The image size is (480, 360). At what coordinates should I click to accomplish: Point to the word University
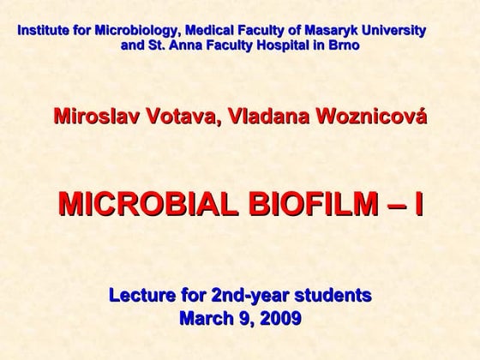395,31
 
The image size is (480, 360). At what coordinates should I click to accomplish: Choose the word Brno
343,45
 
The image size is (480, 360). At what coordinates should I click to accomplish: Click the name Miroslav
93,117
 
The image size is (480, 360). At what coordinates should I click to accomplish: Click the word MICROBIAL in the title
145,204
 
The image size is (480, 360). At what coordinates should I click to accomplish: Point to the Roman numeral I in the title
417,204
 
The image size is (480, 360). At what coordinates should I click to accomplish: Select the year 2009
279,320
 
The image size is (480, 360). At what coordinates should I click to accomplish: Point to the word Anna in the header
174,45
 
